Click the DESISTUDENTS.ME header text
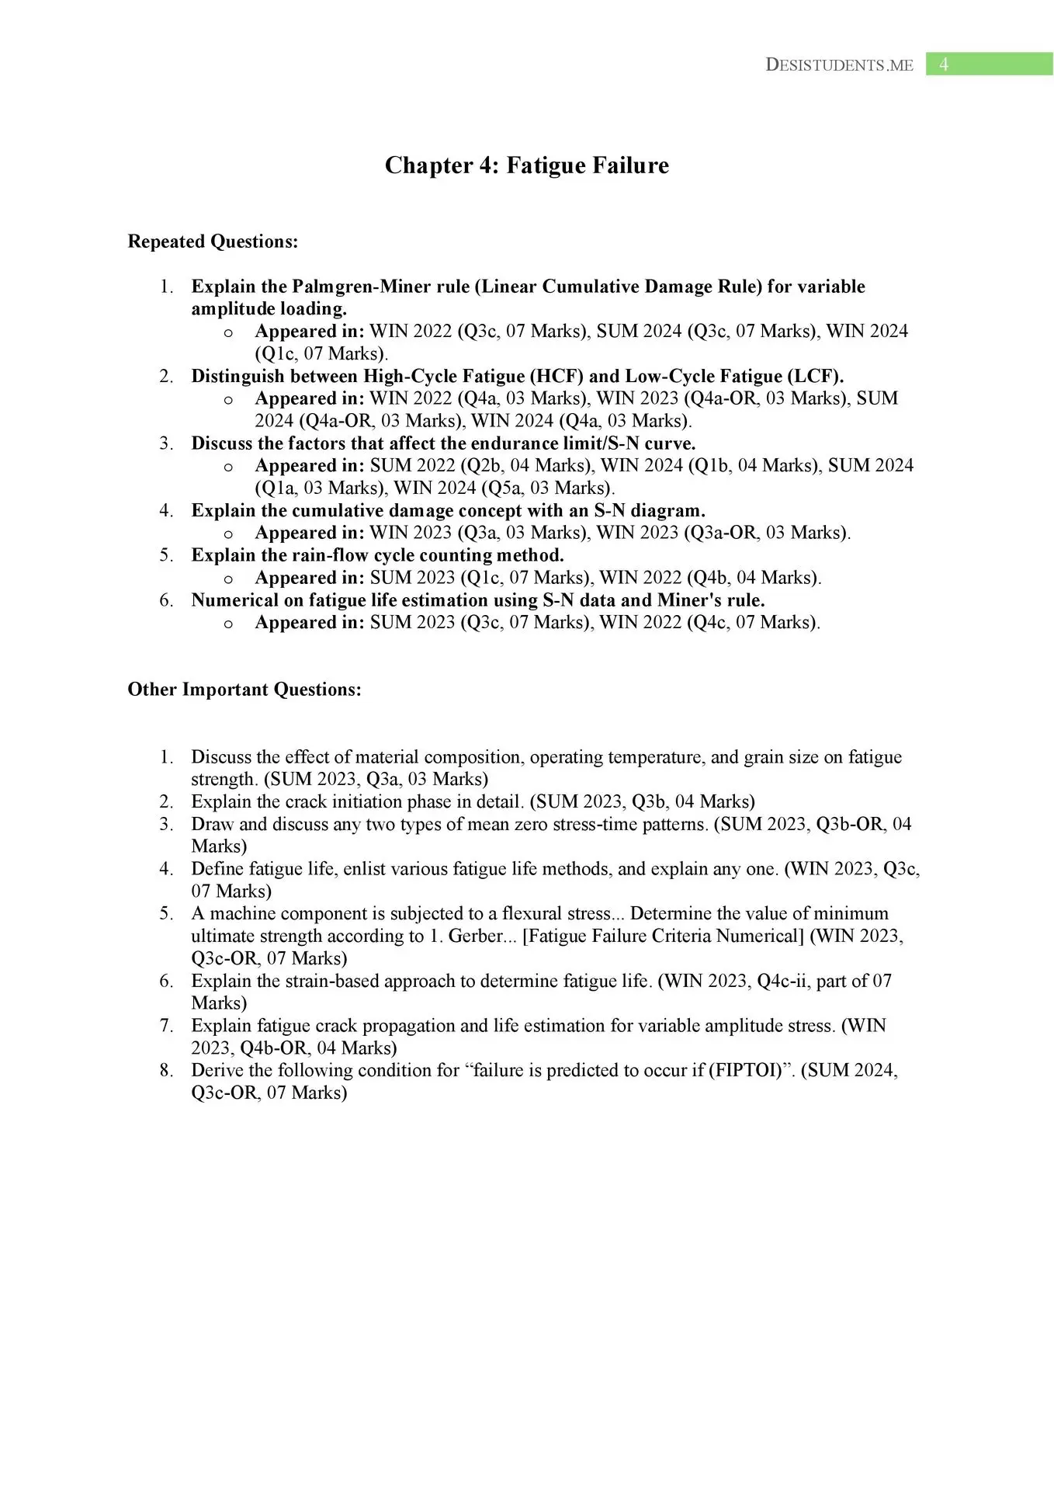pos(839,65)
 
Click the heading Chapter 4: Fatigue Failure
pos(526,165)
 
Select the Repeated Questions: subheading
pos(213,242)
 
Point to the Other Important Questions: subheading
pos(244,690)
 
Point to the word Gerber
pos(475,936)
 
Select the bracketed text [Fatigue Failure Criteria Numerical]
pos(664,936)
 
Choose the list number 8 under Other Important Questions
pos(166,1070)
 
